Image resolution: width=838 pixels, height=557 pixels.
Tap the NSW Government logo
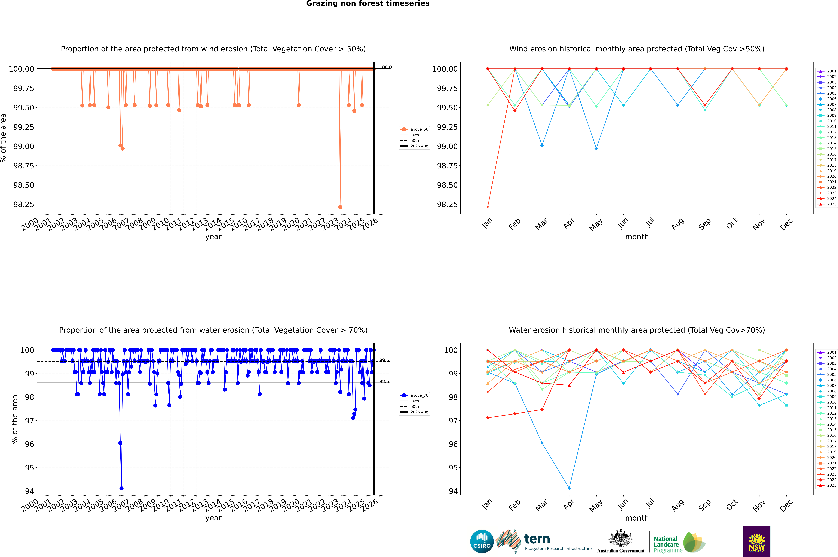click(757, 541)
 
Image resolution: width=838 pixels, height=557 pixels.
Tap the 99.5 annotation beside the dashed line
click(384, 360)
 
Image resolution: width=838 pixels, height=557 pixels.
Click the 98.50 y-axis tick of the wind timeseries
click(24, 185)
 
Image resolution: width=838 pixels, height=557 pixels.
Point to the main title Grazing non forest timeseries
click(368, 4)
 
